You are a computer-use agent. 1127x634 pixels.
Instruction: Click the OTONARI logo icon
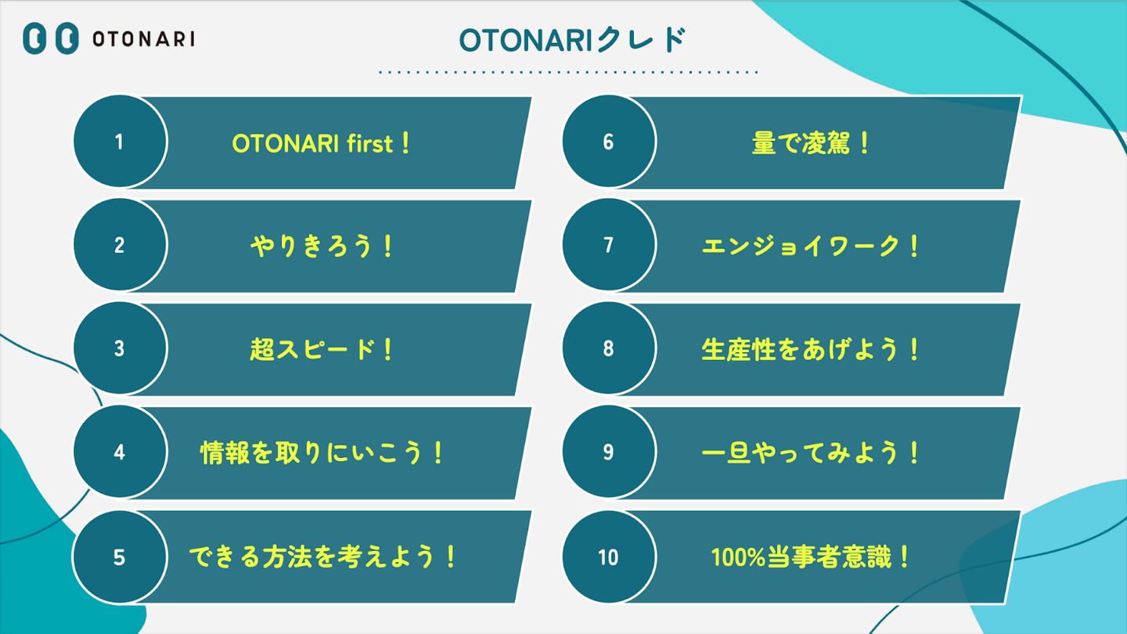[x=51, y=38]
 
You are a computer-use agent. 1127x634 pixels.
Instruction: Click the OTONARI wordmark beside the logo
[x=144, y=39]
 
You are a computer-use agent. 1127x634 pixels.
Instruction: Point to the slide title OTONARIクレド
[x=572, y=40]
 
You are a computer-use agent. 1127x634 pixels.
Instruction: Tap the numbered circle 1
[x=121, y=142]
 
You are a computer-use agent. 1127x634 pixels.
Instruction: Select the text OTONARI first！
[x=322, y=143]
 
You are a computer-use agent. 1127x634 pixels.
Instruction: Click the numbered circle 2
[x=121, y=245]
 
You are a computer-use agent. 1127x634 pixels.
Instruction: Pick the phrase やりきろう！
[x=322, y=247]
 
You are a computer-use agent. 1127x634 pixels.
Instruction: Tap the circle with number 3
[x=121, y=348]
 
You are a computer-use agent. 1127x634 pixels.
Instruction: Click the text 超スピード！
[x=322, y=350]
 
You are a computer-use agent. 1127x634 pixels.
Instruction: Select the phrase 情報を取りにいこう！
[x=322, y=453]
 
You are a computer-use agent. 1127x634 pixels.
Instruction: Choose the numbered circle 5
[x=121, y=557]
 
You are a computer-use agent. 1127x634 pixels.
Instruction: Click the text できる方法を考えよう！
[x=322, y=557]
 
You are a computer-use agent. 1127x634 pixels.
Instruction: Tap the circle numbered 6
[x=609, y=142]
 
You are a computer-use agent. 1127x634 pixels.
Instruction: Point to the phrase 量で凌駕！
[x=810, y=143]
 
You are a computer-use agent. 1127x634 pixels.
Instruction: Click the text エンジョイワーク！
[x=810, y=247]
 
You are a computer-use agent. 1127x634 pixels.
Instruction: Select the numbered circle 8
[x=609, y=348]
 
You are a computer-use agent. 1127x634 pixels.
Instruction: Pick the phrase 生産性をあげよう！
[x=810, y=350]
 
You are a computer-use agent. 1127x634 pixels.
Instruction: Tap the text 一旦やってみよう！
[x=810, y=453]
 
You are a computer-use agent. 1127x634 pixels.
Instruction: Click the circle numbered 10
[x=609, y=557]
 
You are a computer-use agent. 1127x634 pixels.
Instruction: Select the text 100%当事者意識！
[x=810, y=557]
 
